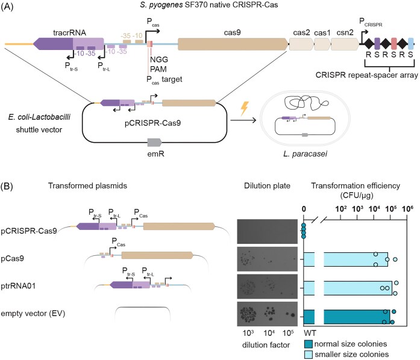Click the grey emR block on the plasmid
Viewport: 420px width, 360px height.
click(x=155, y=141)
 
